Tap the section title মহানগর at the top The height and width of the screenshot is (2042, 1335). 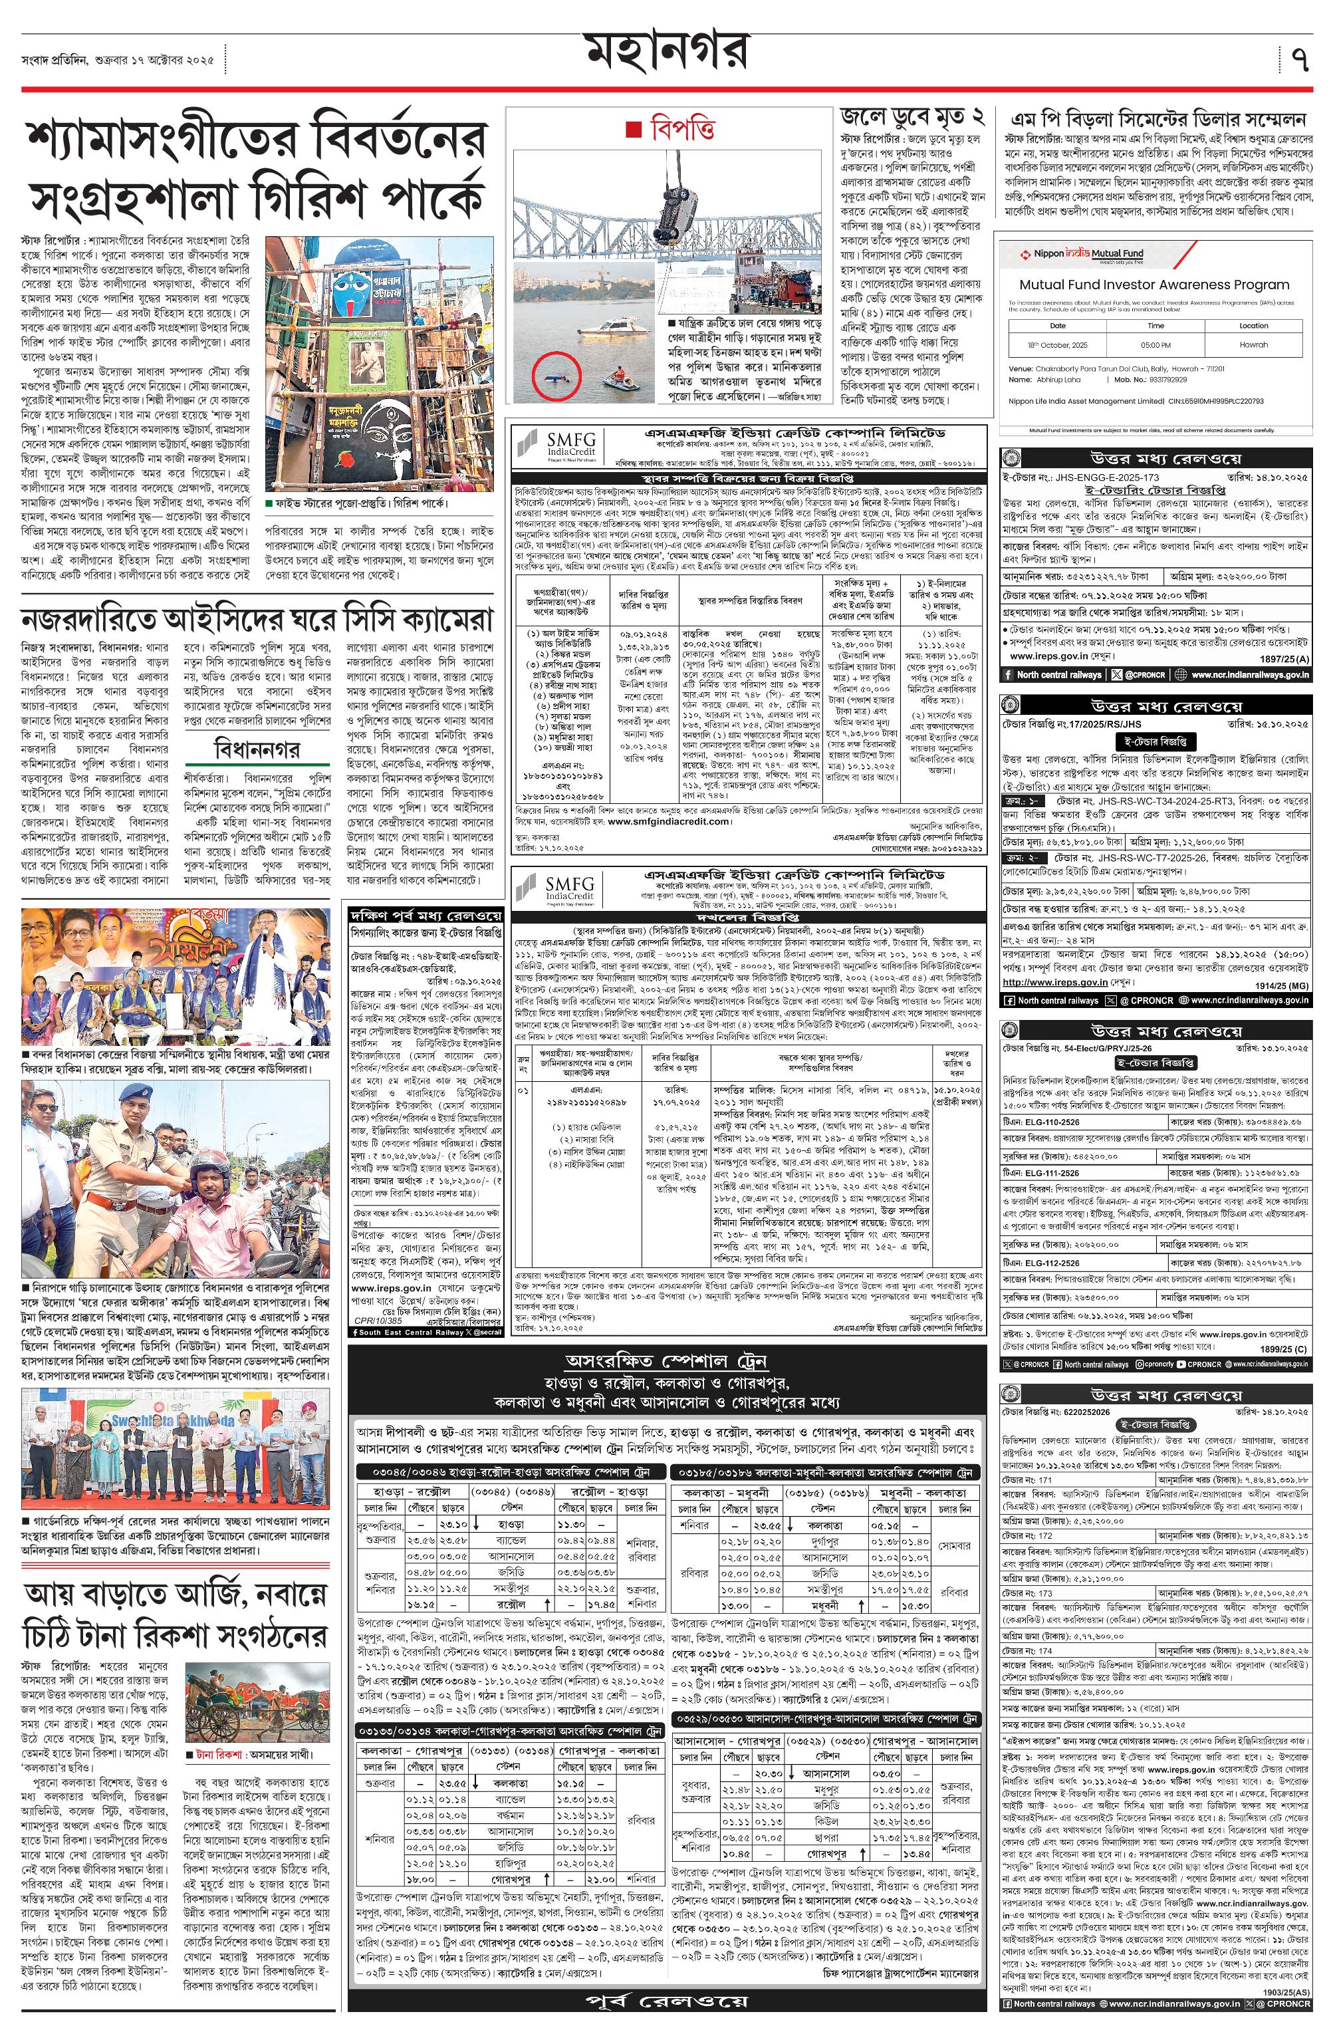[667, 53]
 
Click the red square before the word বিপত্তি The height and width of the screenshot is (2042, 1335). [633, 130]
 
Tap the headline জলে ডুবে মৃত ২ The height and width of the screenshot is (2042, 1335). [911, 118]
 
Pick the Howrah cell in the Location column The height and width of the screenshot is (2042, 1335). [1253, 345]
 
